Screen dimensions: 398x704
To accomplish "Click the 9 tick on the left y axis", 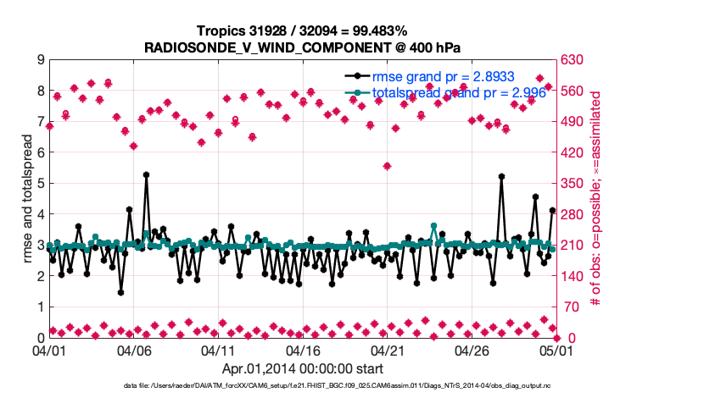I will [x=41, y=60].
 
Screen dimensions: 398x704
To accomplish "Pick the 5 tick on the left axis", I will [x=41, y=184].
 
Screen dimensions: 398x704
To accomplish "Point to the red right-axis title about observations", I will [x=596, y=199].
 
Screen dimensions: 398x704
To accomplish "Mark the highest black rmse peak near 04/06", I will [x=146, y=174].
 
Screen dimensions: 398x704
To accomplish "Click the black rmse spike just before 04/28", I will [x=501, y=177].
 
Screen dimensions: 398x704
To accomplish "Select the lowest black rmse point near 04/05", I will [x=121, y=292].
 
